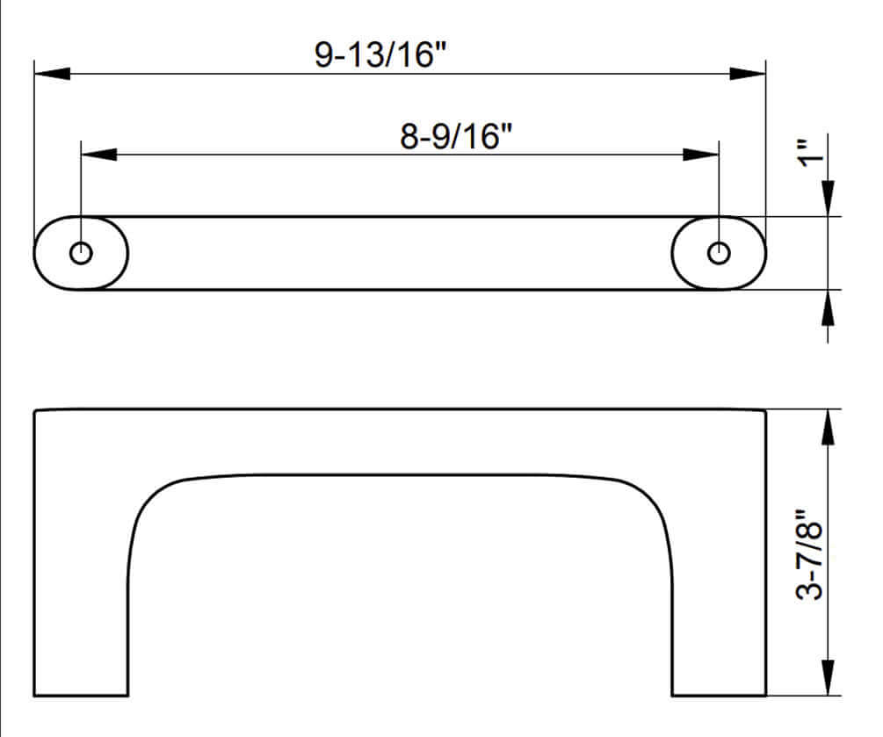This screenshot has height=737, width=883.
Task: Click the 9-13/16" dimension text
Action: (380, 55)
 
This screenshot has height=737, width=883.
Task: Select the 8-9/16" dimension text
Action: (456, 137)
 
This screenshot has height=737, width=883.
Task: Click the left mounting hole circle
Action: (81, 253)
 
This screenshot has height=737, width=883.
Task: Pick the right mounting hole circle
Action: (720, 253)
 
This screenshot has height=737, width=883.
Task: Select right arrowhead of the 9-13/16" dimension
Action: (749, 74)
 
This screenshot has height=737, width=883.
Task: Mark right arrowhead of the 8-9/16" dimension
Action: (702, 155)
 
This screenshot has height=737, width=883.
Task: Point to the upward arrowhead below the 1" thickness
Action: (828, 307)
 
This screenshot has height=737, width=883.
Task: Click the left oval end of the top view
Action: (62, 253)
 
